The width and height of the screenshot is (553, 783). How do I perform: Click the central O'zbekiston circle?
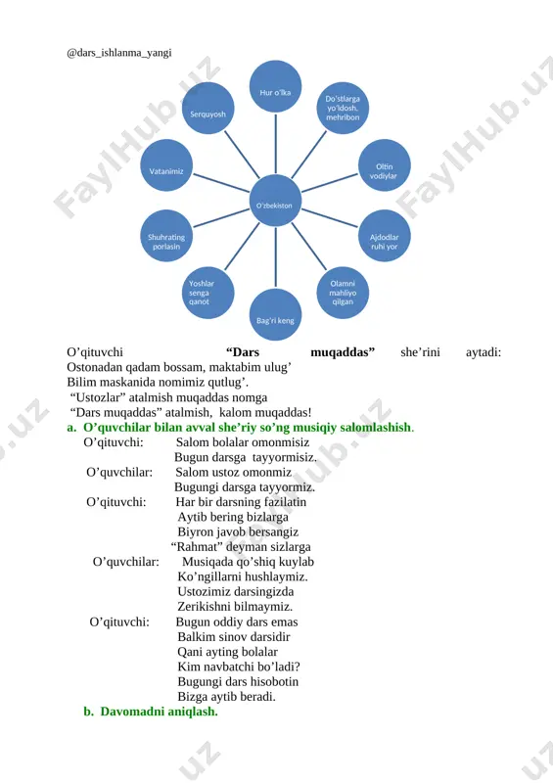click(275, 201)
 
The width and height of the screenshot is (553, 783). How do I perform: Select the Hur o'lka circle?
click(275, 86)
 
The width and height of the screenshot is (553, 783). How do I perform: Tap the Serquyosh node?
click(207, 109)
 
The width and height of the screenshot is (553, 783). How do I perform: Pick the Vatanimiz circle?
click(166, 165)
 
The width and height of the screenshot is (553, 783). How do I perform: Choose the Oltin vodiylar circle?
click(384, 165)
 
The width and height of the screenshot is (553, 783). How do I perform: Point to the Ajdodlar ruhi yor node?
click(384, 236)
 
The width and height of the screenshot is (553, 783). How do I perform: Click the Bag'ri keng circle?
click(275, 314)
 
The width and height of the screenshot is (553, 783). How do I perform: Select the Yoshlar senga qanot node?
click(207, 293)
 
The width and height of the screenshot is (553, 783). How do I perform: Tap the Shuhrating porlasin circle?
click(166, 236)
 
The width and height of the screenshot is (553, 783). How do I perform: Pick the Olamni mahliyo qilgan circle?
click(343, 293)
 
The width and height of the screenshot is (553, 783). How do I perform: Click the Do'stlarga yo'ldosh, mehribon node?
click(343, 109)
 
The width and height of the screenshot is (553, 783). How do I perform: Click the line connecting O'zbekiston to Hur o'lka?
click(276, 144)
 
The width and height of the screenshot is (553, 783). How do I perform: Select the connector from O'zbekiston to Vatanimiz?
click(221, 183)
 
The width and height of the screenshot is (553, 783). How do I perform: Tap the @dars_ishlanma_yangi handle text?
click(118, 53)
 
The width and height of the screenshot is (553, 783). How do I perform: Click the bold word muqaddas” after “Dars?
click(343, 352)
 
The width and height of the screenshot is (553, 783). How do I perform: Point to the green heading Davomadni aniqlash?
click(159, 712)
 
